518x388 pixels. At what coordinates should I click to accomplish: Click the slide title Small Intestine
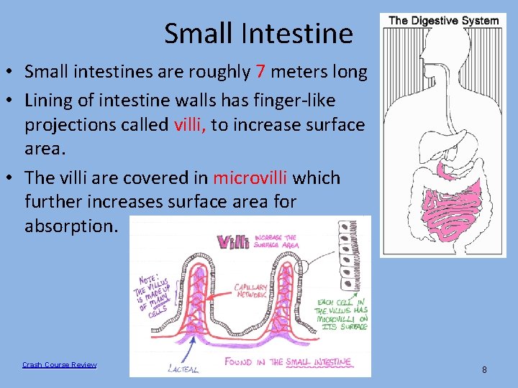(x=258, y=33)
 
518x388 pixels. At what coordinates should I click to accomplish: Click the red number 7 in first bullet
(x=260, y=72)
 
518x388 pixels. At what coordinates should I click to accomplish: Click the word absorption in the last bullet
(x=70, y=226)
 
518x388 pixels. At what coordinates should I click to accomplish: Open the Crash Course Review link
(x=59, y=365)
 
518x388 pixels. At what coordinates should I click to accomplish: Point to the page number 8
(x=484, y=369)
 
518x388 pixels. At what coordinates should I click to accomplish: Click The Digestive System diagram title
(x=443, y=20)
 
